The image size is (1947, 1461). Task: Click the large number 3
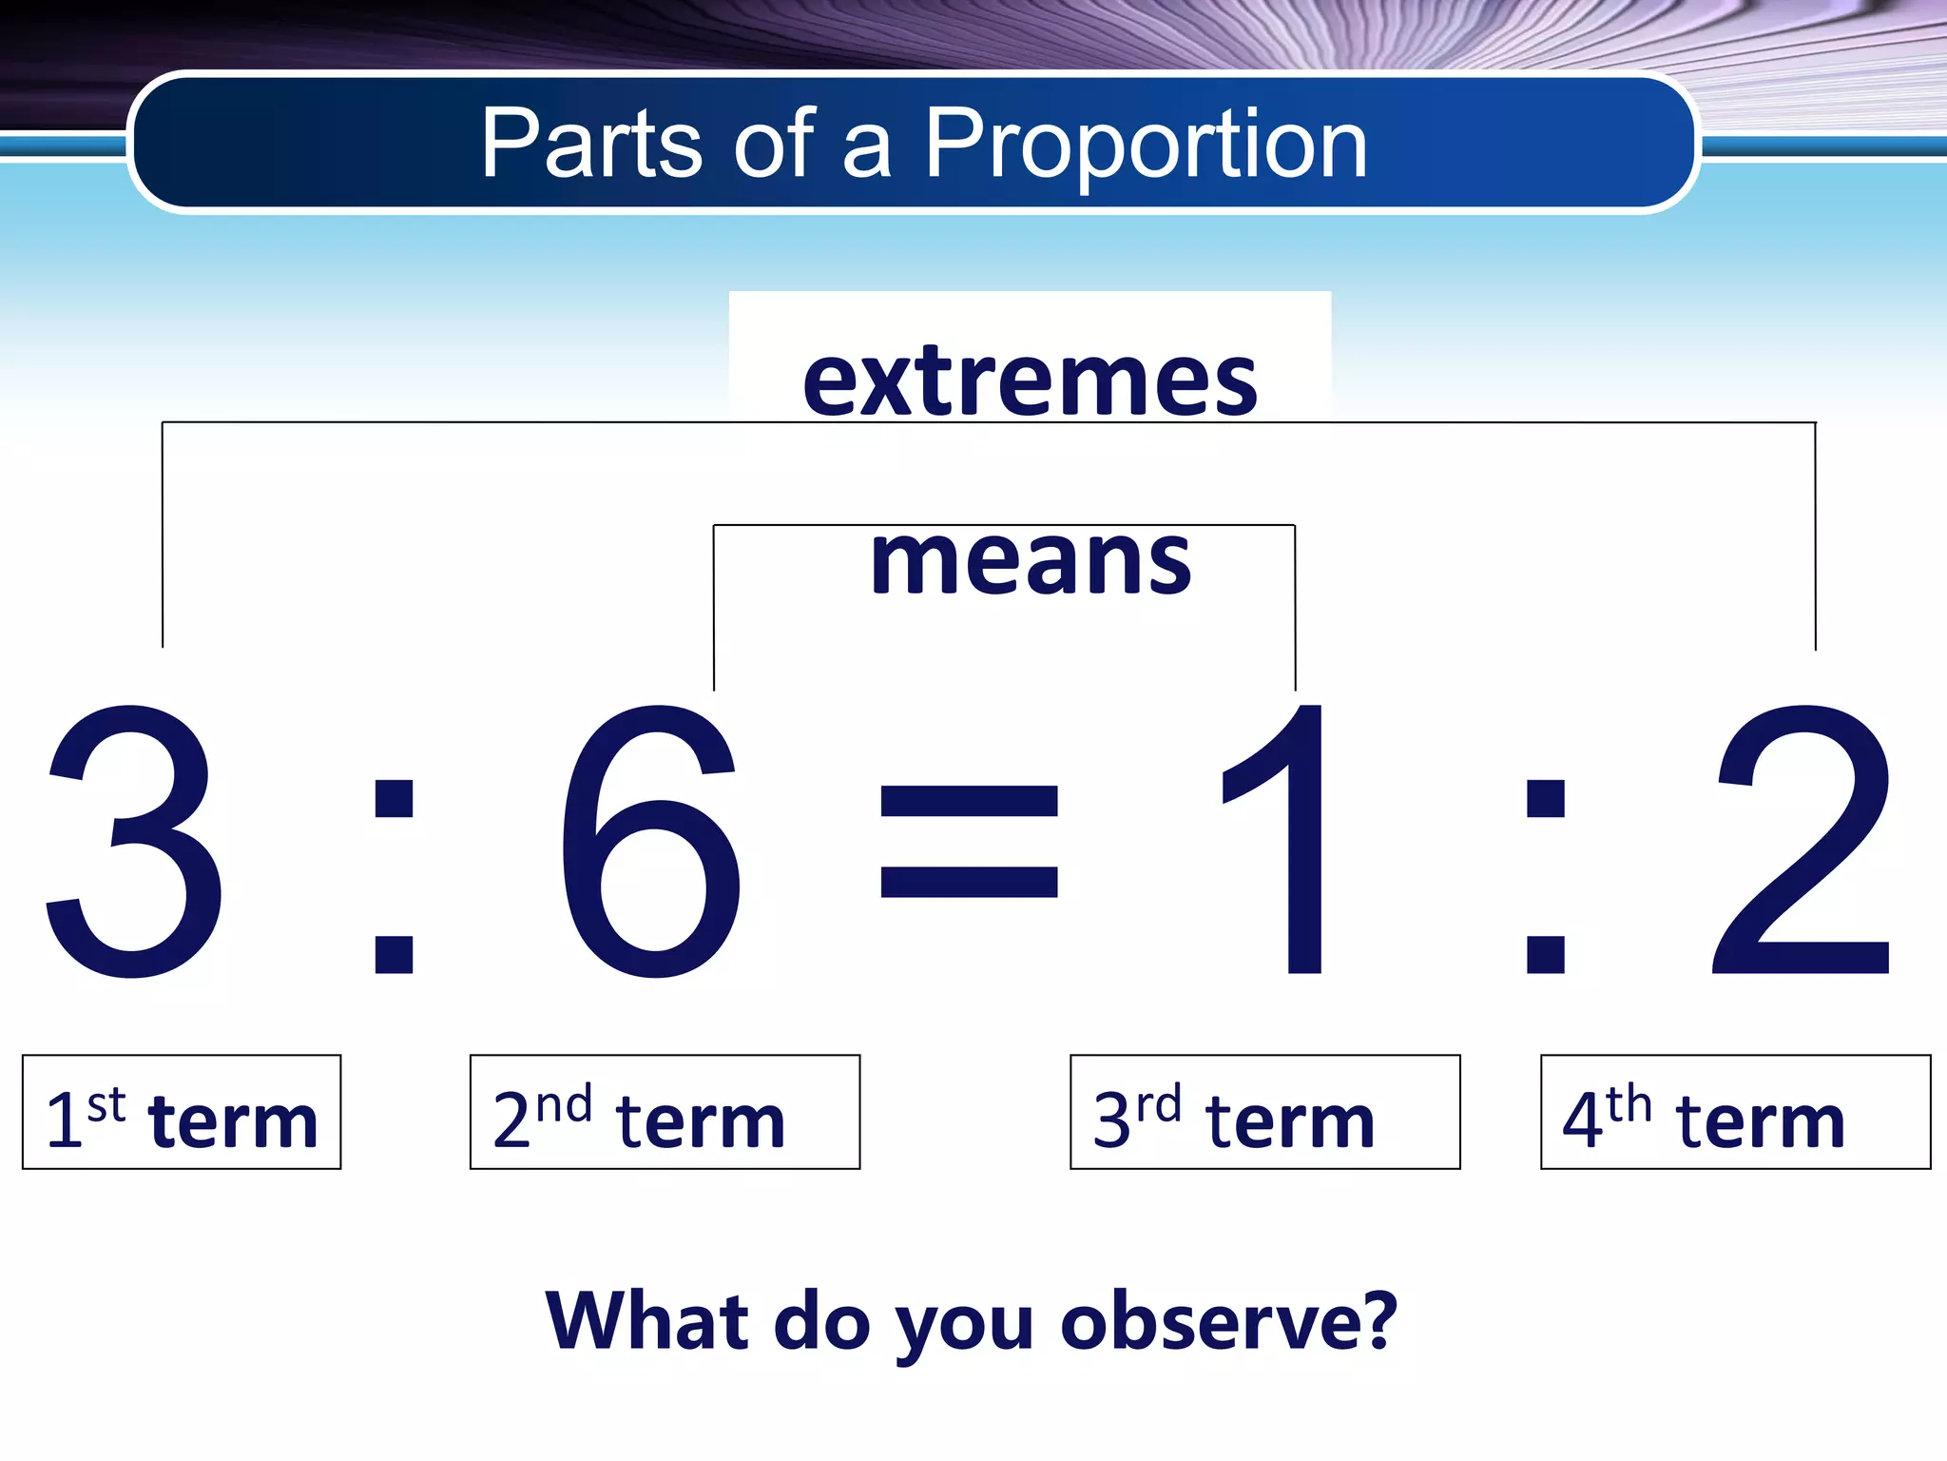coord(135,842)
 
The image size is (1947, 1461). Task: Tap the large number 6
coord(651,842)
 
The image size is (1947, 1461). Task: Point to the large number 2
coord(1802,842)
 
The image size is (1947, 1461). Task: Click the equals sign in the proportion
coord(969,842)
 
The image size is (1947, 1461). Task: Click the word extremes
coord(1030,382)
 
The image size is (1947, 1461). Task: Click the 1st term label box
coord(182,1112)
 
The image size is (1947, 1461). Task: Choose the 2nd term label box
coord(665,1112)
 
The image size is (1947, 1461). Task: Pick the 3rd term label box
coord(1264,1112)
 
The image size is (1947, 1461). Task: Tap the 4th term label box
coord(1735,1112)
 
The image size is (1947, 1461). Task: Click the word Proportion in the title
coord(1146,145)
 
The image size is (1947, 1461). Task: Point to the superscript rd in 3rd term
coord(1159,1104)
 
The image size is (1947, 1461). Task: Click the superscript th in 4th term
coord(1629,1104)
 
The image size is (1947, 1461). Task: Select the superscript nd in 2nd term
coord(564,1104)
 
